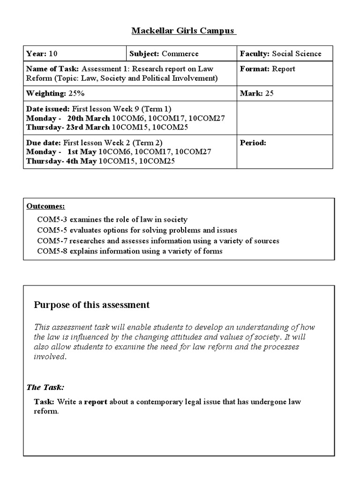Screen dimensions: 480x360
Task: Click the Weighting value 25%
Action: point(75,93)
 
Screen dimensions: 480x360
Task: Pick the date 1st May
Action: point(82,152)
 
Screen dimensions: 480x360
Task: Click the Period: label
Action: point(253,143)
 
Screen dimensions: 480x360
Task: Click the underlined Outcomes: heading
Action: point(45,206)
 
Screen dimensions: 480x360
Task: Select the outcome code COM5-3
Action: point(50,219)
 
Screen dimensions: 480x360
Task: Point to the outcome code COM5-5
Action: point(50,230)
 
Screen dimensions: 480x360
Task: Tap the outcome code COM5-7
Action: point(50,241)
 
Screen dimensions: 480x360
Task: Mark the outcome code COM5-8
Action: point(50,251)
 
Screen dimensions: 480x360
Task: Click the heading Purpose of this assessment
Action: point(92,305)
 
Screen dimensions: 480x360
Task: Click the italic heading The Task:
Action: point(45,387)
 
